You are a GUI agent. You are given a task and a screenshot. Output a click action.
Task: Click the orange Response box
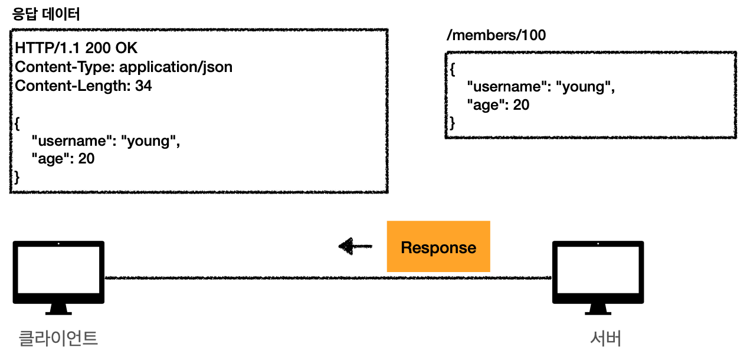point(438,246)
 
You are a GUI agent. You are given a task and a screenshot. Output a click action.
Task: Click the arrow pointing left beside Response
point(355,246)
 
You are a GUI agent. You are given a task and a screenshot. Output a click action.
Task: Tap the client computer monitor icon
point(58,277)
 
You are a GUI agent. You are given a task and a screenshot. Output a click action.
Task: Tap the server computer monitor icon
point(598,277)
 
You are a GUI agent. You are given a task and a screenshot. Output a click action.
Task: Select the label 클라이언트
point(58,338)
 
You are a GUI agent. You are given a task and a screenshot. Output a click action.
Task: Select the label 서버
point(605,338)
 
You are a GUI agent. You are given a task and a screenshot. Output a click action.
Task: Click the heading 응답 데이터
point(46,14)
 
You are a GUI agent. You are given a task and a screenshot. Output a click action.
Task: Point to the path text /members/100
point(496,35)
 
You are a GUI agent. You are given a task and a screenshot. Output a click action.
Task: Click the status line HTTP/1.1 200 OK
point(76,48)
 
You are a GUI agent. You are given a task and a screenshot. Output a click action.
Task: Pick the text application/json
point(176,67)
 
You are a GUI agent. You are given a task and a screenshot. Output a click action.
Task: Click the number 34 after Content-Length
point(143,86)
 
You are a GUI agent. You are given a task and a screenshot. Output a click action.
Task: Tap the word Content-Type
point(63,67)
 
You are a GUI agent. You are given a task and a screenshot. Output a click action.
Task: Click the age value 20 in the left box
point(86,158)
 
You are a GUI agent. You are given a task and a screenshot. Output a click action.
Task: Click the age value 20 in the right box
point(521,105)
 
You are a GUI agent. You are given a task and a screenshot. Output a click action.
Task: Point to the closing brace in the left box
point(17,177)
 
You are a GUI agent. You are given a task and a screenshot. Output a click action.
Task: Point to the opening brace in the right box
point(452,70)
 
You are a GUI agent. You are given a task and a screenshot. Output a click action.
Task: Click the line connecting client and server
point(328,277)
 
